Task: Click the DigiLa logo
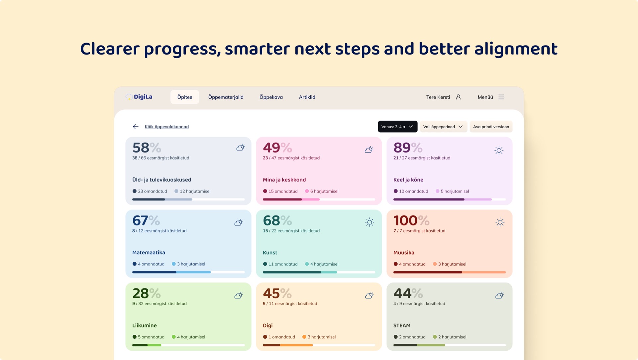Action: [x=139, y=97]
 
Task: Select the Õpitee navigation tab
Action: [x=185, y=97]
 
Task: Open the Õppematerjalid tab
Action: [x=226, y=97]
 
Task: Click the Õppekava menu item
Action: [x=271, y=97]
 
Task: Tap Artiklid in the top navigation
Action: [x=307, y=97]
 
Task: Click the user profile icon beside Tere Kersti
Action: [x=458, y=97]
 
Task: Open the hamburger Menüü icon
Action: [x=501, y=97]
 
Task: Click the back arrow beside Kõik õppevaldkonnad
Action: [x=136, y=127]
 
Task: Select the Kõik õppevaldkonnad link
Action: [x=167, y=127]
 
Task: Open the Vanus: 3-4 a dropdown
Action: [x=398, y=127]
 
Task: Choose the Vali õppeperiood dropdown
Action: [x=444, y=127]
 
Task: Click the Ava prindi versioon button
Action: [x=491, y=127]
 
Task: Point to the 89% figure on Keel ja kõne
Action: [x=408, y=148]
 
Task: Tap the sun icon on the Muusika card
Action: [x=500, y=222]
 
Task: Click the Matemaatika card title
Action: [x=149, y=253]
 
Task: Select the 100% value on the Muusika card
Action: [x=411, y=220]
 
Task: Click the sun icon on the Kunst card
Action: [x=370, y=222]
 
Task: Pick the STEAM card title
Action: [x=402, y=325]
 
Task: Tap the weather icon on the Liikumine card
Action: [x=239, y=295]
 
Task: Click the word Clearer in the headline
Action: [x=110, y=49]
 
